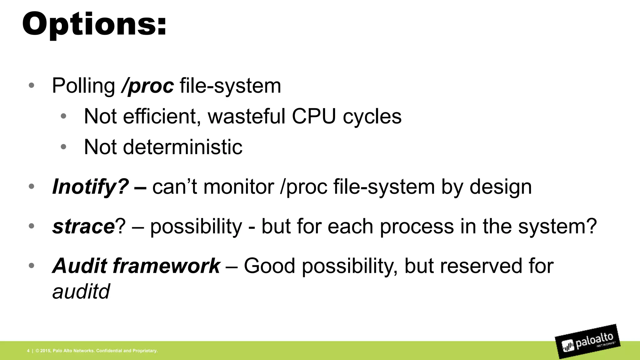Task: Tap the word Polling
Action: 83,86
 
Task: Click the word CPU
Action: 314,116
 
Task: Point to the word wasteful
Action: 246,116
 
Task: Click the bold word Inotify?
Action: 90,187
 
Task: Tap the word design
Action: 501,187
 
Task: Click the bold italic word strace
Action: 83,226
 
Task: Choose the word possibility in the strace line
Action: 196,226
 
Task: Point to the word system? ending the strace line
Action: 557,226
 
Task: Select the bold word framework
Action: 166,266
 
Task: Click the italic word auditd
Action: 81,292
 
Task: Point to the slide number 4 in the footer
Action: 28,351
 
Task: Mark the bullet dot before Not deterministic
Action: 63,147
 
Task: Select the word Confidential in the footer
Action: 109,351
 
